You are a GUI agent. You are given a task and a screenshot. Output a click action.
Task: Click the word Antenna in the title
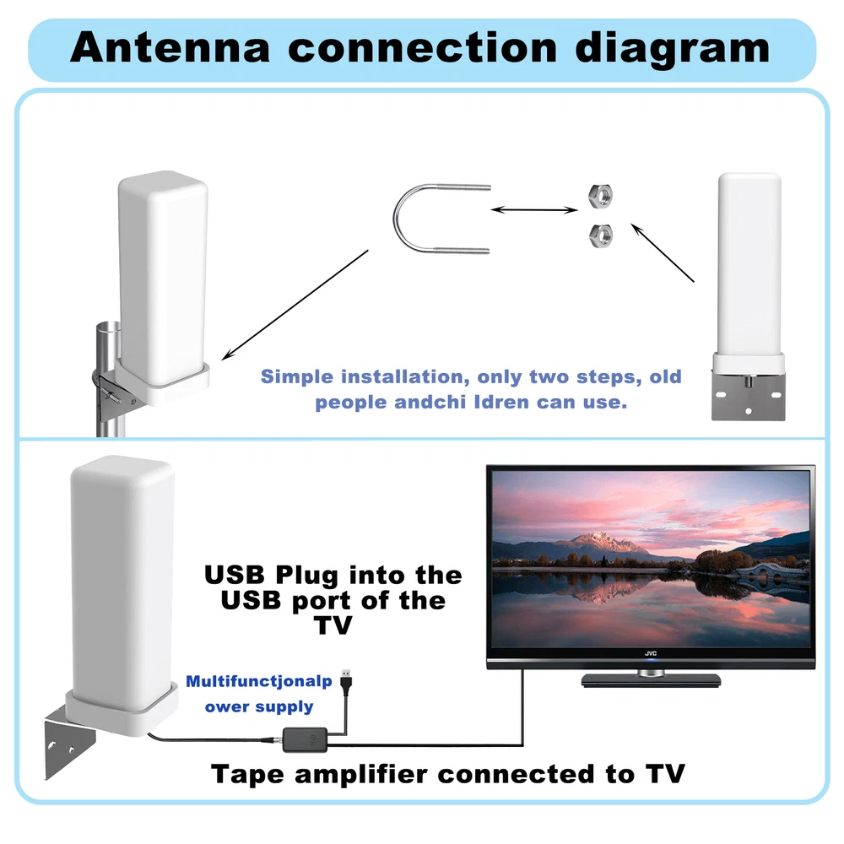click(173, 48)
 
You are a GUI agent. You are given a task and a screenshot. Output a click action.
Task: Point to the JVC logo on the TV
click(651, 652)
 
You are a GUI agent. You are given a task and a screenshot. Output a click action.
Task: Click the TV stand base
click(651, 680)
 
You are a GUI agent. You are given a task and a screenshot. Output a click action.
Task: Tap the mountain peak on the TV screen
click(603, 538)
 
